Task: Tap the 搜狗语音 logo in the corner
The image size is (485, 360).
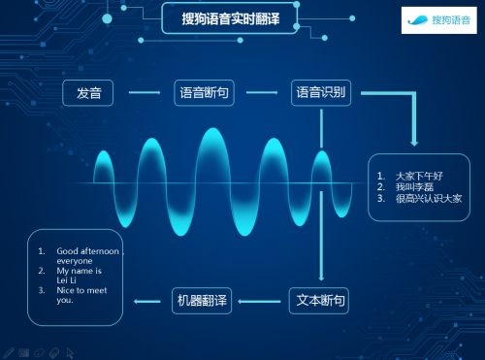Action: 436,19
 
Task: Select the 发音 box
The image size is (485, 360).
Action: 88,93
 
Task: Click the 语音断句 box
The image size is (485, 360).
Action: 204,93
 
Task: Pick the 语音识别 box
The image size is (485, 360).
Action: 321,93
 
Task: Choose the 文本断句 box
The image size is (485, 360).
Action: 319,300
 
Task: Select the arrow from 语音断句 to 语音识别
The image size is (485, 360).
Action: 262,93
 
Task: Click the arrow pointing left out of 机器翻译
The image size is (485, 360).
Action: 147,301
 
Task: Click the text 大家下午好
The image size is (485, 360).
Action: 418,176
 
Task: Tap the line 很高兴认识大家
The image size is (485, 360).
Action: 428,198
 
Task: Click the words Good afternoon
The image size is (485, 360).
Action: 87,250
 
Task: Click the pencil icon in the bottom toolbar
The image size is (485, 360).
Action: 9,351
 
